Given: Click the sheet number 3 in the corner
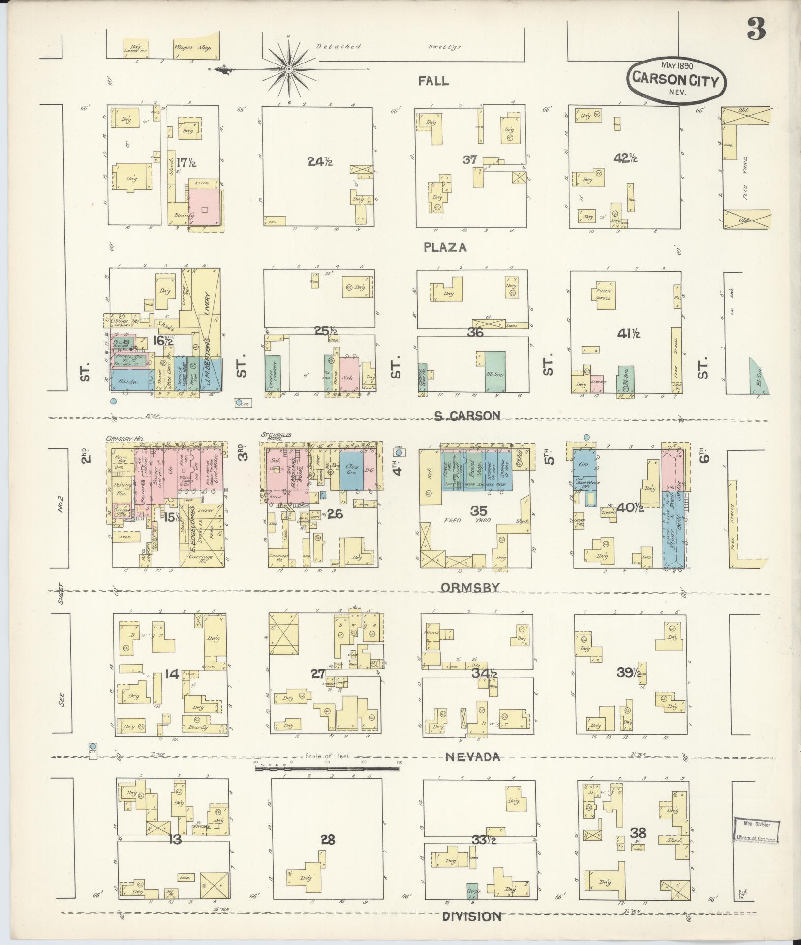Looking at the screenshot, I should pyautogui.click(x=756, y=29).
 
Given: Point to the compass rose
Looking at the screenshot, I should pyautogui.click(x=289, y=69).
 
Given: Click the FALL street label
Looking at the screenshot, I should pyautogui.click(x=433, y=81).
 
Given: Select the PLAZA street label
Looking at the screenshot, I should pyautogui.click(x=445, y=248).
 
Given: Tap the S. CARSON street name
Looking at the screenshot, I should pyautogui.click(x=467, y=416).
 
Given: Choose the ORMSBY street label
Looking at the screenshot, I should pyautogui.click(x=470, y=587).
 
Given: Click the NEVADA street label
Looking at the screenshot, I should pyautogui.click(x=472, y=757).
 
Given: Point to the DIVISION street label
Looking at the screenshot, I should pyautogui.click(x=471, y=916).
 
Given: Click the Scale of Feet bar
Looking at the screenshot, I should pyautogui.click(x=328, y=776).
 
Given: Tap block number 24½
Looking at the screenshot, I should pyautogui.click(x=320, y=161).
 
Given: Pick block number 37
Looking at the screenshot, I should pyautogui.click(x=470, y=159).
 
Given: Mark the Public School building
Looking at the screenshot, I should pyautogui.click(x=603, y=294).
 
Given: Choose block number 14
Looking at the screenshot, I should pyautogui.click(x=172, y=674).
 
